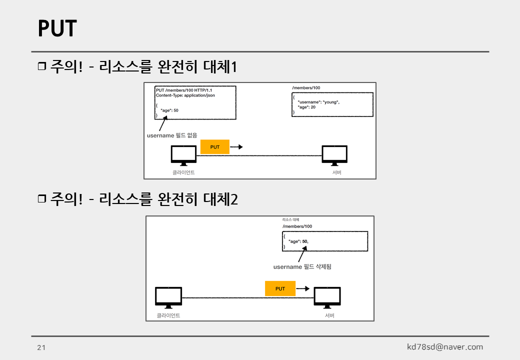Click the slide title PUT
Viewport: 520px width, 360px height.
[x=57, y=29]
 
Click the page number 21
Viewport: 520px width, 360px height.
[x=41, y=347]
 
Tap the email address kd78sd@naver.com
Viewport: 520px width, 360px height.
[x=445, y=347]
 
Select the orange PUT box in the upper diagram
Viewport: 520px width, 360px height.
[x=215, y=147]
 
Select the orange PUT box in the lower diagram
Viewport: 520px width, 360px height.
[x=280, y=288]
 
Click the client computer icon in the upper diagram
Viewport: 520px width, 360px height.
[x=183, y=155]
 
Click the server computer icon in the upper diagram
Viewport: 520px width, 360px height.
[x=334, y=155]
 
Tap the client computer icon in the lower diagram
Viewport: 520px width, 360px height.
[x=168, y=297]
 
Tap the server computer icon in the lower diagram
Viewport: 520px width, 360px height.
[x=327, y=297]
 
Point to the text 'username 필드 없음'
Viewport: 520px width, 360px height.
[x=171, y=135]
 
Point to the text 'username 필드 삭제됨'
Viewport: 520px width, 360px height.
[x=302, y=267]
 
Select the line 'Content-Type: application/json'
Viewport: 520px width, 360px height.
[x=185, y=95]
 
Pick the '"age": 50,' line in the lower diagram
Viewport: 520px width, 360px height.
[x=298, y=241]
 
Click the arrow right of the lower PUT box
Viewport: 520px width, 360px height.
[x=302, y=288]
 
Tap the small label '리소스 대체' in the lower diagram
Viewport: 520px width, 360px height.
[x=290, y=219]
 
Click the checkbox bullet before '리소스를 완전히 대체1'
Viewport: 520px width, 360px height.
[x=41, y=66]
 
